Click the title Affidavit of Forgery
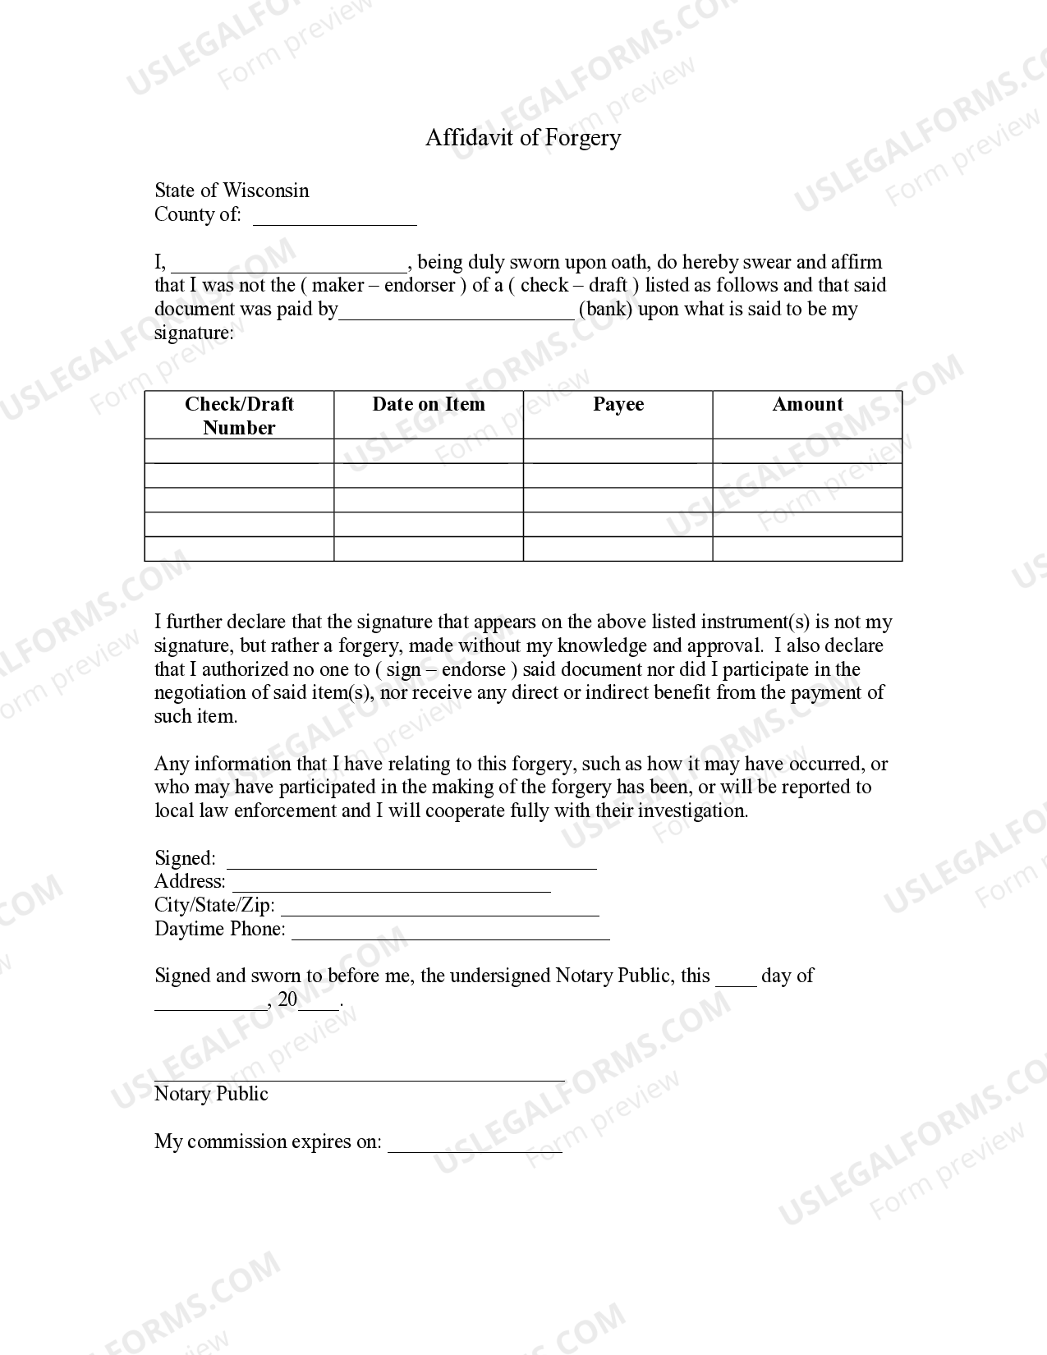[523, 137]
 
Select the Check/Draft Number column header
[239, 416]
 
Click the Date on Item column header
[429, 404]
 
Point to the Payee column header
[618, 404]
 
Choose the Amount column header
[807, 404]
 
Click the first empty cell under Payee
[618, 451]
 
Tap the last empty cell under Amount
[807, 549]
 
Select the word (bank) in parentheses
[605, 310]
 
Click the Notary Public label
[211, 1094]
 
